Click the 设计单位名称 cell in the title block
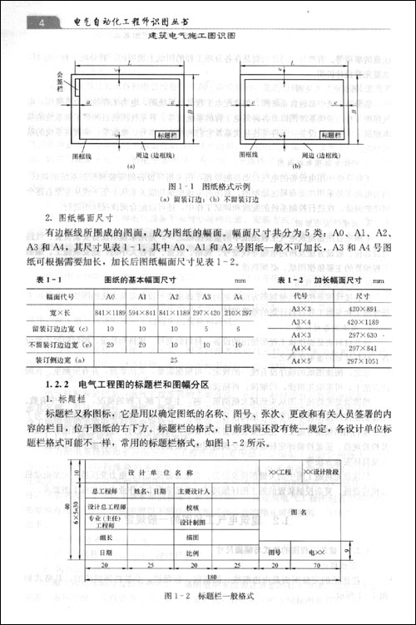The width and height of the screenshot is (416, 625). point(150,474)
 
